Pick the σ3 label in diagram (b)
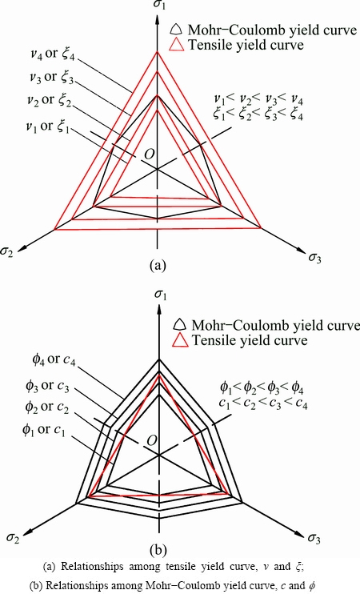click(314, 539)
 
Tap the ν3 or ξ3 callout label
click(50, 78)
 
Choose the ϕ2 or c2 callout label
click(46, 408)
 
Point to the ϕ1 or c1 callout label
click(43, 431)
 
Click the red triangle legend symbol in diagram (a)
click(178, 45)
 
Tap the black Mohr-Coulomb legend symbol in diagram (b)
click(180, 325)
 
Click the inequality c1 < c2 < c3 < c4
click(263, 404)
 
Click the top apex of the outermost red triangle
click(158, 51)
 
